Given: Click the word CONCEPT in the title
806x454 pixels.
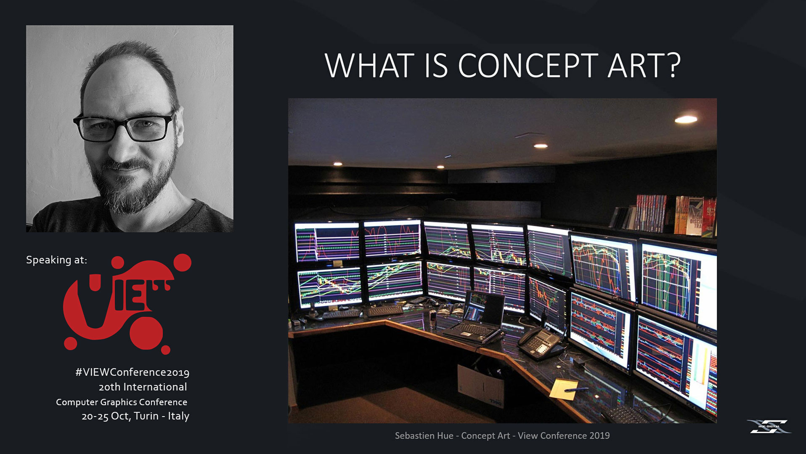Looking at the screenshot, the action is tap(528, 66).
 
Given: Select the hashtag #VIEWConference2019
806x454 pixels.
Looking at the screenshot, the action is tap(132, 372).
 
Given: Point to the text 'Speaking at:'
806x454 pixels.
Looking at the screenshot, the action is tap(56, 260).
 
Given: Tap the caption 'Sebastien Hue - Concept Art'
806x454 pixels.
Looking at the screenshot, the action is tap(452, 435).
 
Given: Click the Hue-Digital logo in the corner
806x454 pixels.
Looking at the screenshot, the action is tap(769, 426).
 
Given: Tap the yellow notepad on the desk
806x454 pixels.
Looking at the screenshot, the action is tap(564, 390).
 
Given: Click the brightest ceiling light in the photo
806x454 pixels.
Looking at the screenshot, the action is tap(686, 119).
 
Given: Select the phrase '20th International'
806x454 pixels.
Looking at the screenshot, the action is tap(143, 387).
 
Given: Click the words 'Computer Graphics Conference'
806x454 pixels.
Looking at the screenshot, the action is tap(122, 402).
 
